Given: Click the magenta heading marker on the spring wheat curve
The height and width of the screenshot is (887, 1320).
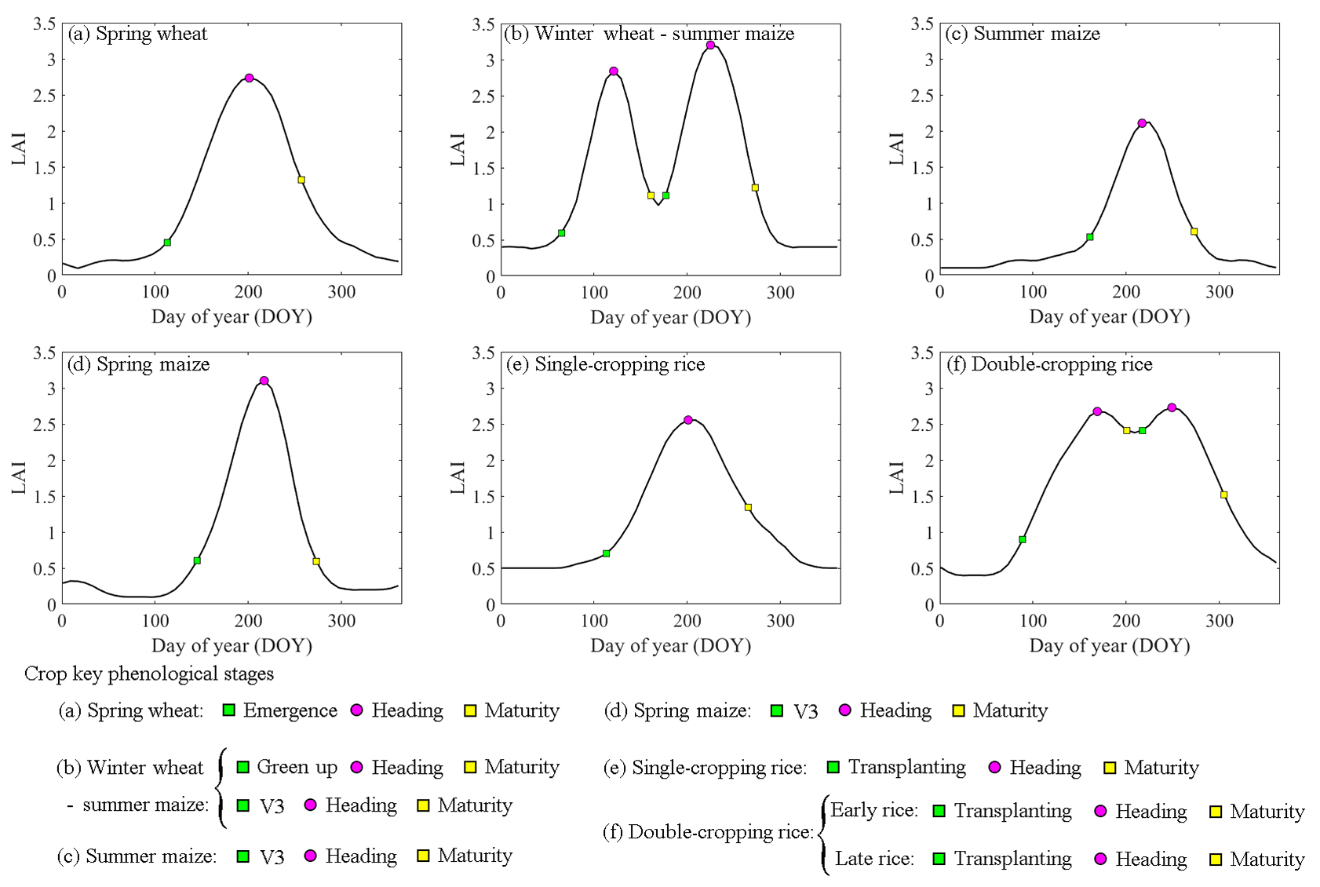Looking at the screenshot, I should coord(249,78).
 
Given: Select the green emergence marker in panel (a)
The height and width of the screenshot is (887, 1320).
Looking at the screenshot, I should coord(167,243).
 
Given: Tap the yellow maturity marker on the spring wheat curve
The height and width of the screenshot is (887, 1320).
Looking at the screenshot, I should coord(301,180).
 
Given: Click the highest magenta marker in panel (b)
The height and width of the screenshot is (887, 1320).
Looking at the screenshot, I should coord(710,45).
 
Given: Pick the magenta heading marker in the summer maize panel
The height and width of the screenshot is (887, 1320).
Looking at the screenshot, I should coord(1142,123).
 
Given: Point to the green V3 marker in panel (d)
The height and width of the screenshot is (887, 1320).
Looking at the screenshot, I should coord(197,560).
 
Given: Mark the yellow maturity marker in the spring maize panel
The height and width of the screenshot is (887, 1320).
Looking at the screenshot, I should coord(316,561).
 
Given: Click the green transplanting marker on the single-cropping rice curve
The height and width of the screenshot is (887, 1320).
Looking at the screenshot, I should coord(606,553).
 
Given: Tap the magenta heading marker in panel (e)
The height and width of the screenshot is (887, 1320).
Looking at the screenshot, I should coord(688,420).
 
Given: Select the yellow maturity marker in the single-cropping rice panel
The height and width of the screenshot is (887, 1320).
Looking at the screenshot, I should coord(748,507).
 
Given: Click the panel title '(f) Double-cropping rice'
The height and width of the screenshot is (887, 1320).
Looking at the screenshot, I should coord(1049,364).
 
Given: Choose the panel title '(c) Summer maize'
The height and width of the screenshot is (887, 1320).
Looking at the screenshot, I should coord(1023,34).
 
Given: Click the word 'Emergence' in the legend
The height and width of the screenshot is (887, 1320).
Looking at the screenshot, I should coord(290,710).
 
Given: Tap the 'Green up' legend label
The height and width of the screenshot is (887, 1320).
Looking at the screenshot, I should coord(297,767).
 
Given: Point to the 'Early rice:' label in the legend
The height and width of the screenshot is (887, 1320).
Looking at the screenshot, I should coord(874,810).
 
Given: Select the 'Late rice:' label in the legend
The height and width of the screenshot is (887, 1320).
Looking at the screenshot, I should coord(874,859).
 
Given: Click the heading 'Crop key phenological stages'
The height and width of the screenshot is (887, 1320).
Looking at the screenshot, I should coord(149,673).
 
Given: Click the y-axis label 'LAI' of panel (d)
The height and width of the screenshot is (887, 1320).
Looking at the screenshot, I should coord(19,478).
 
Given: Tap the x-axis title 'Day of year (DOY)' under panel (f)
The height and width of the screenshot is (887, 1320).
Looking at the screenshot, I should coord(1110,646).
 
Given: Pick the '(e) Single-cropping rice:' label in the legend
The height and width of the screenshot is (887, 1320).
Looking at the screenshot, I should coord(705,768).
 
